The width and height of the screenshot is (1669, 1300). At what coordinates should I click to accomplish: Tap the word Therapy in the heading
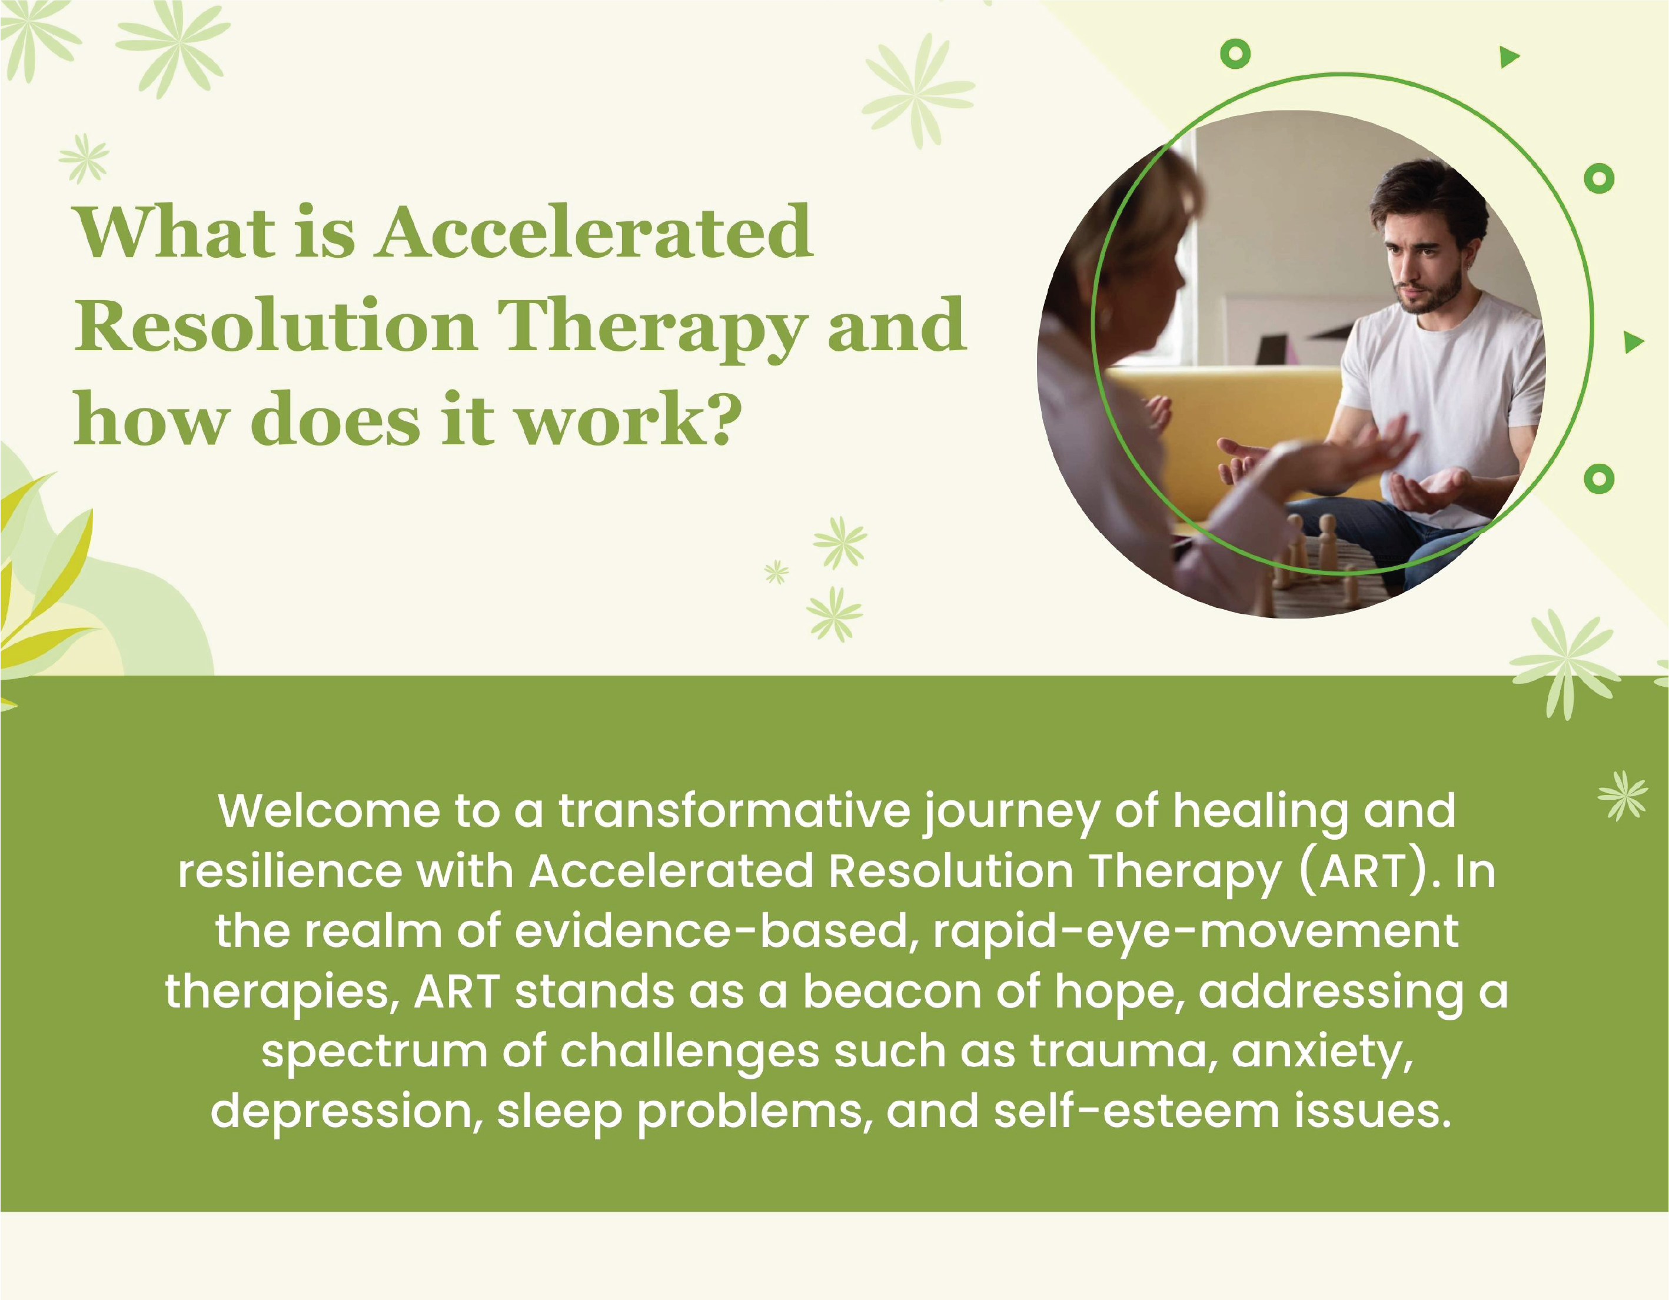coord(653,328)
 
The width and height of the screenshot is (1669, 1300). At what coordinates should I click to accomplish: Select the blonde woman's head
coord(1131,252)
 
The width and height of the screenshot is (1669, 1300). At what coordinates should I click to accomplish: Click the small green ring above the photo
coord(1236,54)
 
